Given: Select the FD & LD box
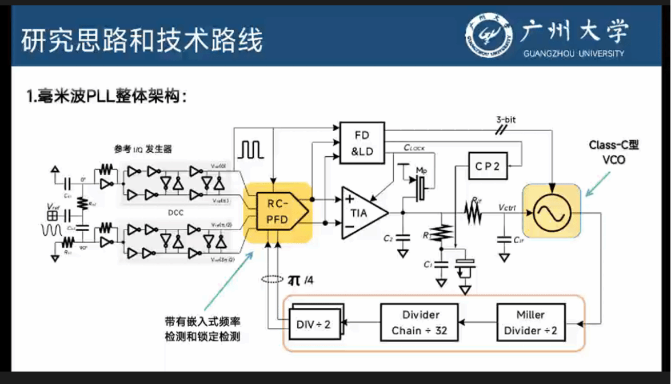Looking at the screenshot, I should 362,142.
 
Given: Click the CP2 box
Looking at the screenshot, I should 488,166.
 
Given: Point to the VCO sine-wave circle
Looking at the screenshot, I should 552,212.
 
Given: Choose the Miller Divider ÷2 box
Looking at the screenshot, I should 530,323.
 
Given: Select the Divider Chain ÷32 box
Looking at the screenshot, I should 421,323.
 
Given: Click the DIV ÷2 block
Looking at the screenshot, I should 313,324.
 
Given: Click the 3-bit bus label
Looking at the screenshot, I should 506,120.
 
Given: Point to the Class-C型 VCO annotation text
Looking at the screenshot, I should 614,152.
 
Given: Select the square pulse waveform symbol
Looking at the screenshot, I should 251,149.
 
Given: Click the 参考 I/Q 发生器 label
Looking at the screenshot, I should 143,149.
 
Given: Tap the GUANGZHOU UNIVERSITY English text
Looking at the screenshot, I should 573,54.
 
